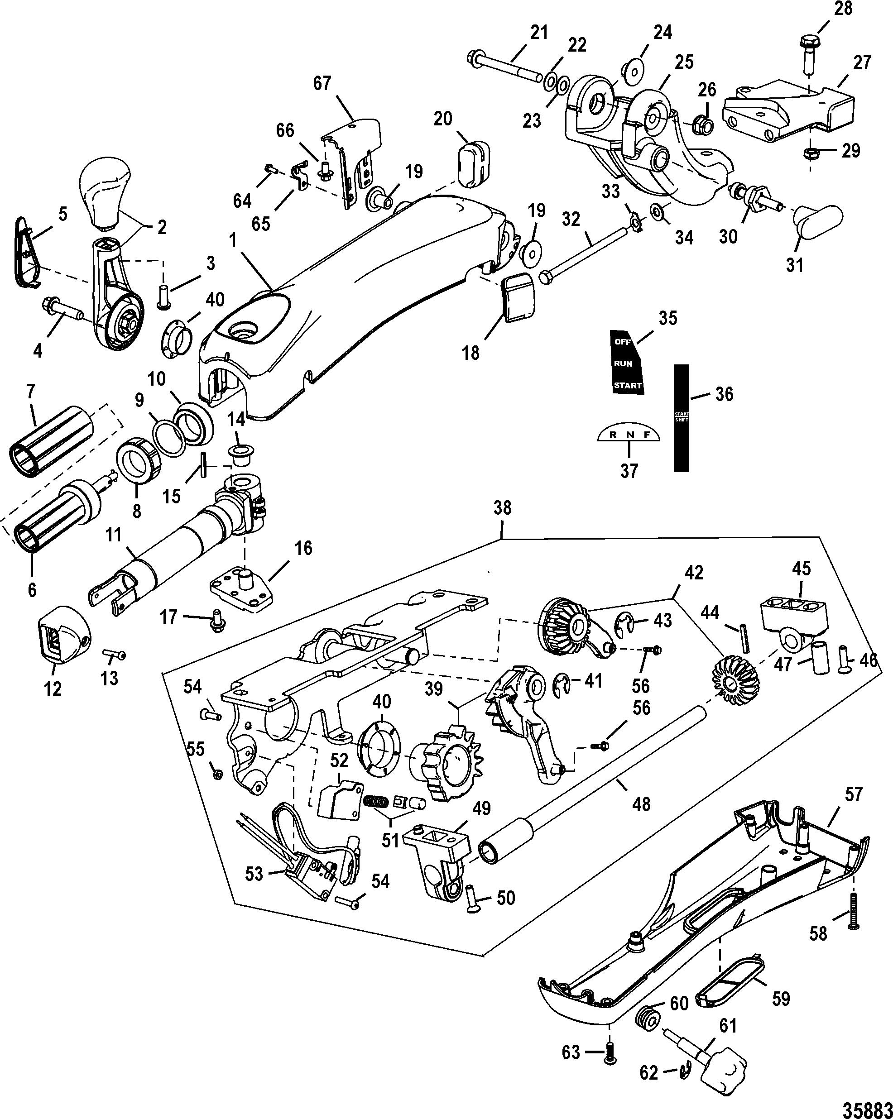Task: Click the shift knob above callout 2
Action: coord(105,192)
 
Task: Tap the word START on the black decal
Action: coord(628,385)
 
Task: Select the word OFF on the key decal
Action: coord(623,342)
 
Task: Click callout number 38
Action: coord(502,507)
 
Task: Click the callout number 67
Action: coord(322,83)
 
